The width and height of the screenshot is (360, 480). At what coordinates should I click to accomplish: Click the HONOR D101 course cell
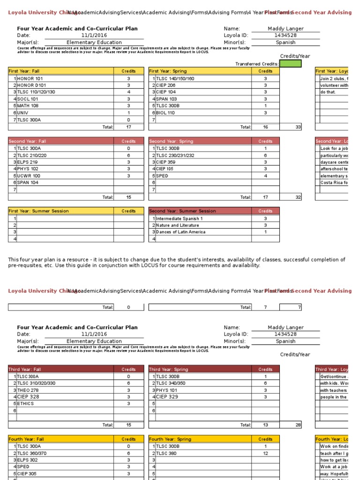pyautogui.click(x=32, y=85)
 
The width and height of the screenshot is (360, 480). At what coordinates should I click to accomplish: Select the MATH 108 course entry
pyautogui.click(x=28, y=106)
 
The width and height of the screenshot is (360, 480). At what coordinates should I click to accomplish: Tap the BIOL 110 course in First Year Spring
pyautogui.click(x=165, y=113)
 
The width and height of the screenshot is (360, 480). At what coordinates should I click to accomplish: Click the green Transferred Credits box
pyautogui.click(x=290, y=64)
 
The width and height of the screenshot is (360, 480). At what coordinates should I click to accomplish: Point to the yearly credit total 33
pyautogui.click(x=298, y=127)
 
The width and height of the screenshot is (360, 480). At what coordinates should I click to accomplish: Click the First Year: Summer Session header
pyautogui.click(x=39, y=211)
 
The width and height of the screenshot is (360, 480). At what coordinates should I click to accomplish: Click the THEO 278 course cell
pyautogui.click(x=28, y=390)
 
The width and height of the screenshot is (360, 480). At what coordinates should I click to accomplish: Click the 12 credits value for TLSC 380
pyautogui.click(x=265, y=453)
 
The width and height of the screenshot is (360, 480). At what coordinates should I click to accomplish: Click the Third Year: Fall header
pyautogui.click(x=25, y=369)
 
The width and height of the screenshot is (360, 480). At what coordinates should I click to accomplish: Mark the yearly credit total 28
pyautogui.click(x=298, y=425)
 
